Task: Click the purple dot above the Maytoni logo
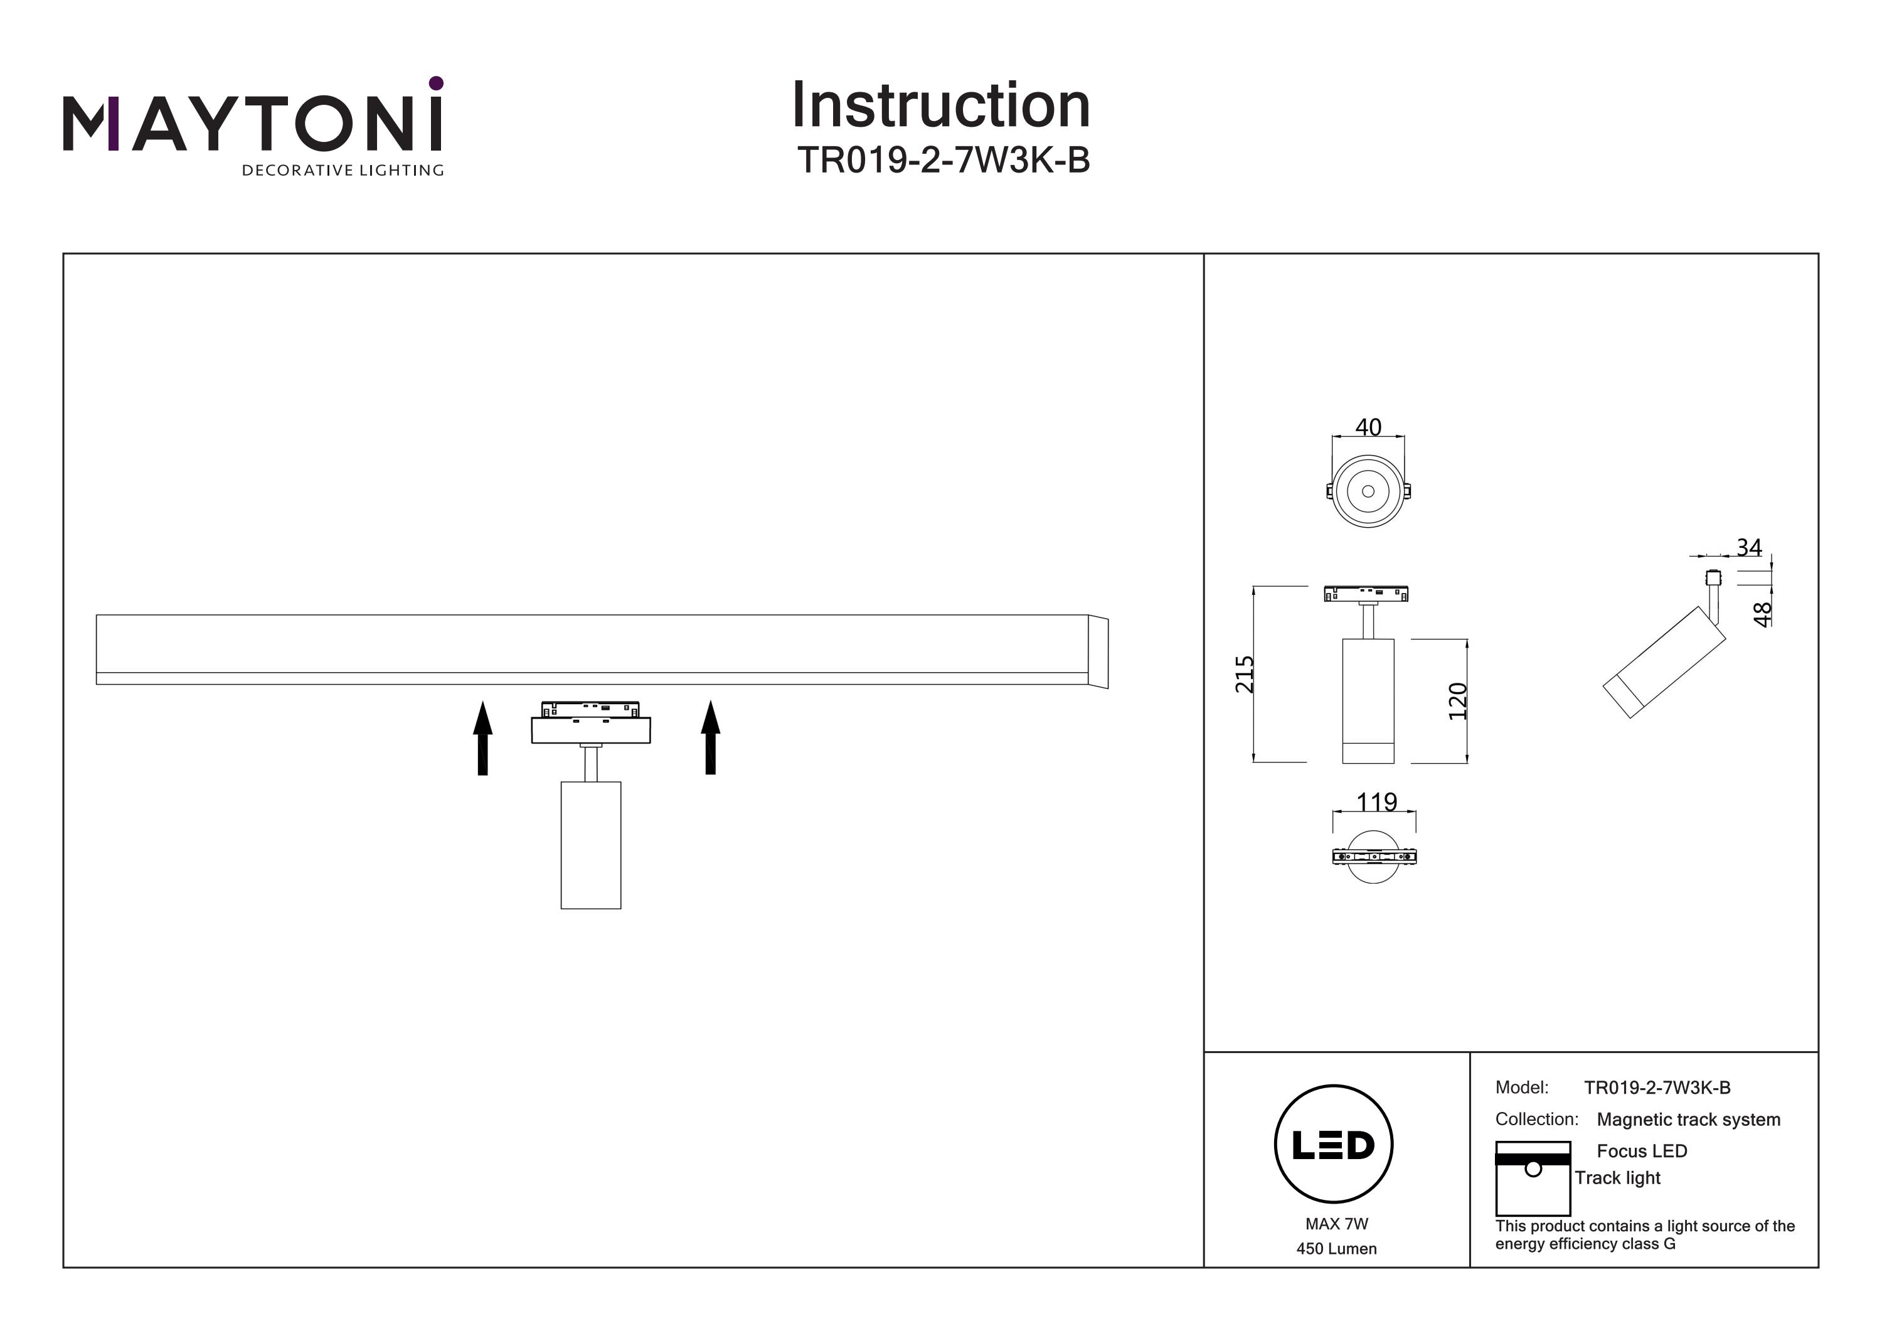436,83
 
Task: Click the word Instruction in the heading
940,106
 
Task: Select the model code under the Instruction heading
944,161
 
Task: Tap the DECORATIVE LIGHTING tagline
343,171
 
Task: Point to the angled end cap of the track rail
1098,652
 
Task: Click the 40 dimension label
1368,427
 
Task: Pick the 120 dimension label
1457,701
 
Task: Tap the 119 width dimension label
1376,801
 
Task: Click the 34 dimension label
1748,547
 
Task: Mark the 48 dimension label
1762,614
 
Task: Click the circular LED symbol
1334,1145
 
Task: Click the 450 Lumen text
1336,1249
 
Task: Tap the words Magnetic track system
1689,1120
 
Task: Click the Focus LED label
1642,1150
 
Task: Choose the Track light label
1617,1178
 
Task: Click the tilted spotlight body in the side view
1664,662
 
